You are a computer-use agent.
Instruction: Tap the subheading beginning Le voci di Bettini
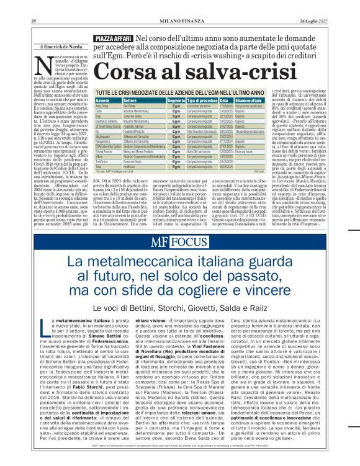179,307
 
